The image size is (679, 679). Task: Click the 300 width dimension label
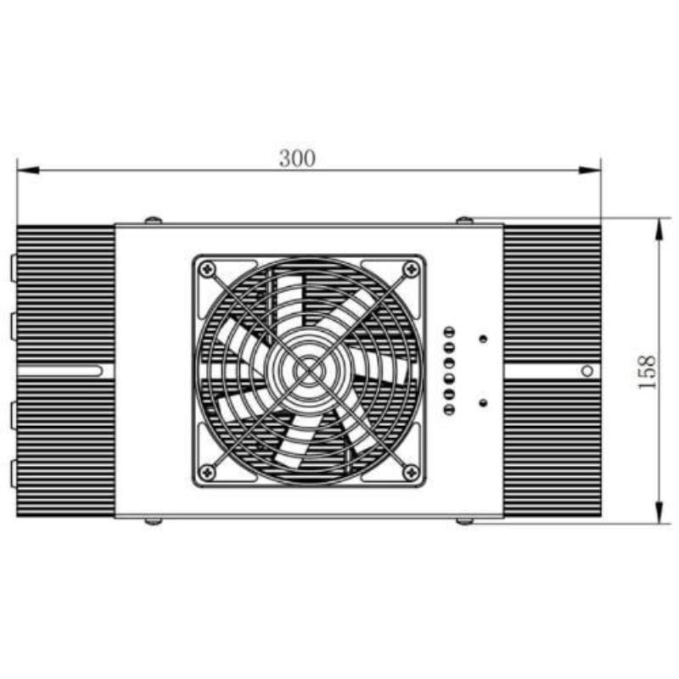[x=297, y=159]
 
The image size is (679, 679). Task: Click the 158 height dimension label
[x=648, y=372]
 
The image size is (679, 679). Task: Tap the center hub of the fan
[x=309, y=371]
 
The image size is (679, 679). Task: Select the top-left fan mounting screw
[x=207, y=270]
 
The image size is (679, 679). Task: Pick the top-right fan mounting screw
[x=411, y=270]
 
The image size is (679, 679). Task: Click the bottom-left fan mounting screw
[x=207, y=472]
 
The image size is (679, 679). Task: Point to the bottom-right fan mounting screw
[x=411, y=472]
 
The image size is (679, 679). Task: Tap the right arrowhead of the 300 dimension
[x=590, y=171]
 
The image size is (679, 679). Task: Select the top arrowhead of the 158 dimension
[x=659, y=229]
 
